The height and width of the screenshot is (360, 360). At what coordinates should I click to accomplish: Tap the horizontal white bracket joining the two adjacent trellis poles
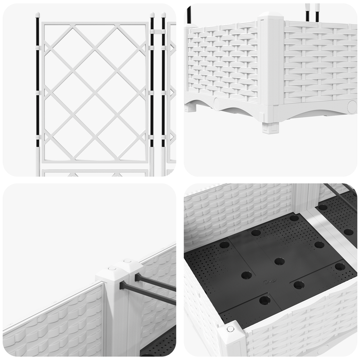(157, 32)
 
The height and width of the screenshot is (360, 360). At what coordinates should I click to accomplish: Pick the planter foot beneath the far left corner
(191, 107)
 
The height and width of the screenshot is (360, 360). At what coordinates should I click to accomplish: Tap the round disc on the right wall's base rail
(352, 107)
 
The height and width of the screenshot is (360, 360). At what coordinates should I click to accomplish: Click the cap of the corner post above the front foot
(271, 20)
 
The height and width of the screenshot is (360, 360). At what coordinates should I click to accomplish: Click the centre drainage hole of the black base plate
(279, 261)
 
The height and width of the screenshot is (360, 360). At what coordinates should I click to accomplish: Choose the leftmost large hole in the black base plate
(225, 245)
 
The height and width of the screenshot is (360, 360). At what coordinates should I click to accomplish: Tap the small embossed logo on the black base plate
(267, 282)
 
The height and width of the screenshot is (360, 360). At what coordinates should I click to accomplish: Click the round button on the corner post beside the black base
(230, 329)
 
